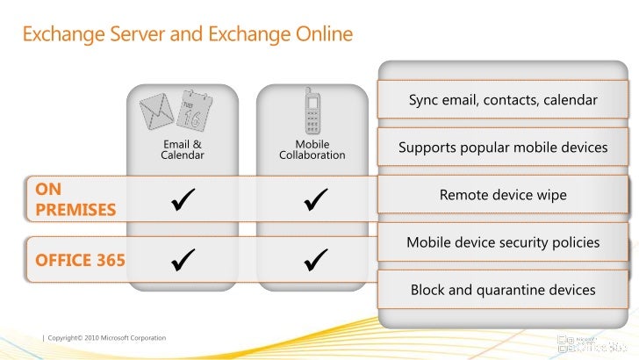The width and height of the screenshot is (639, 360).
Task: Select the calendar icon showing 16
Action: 194,110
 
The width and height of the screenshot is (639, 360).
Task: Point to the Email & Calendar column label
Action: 183,149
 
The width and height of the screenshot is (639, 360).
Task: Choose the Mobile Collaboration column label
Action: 312,149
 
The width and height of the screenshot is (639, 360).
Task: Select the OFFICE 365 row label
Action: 80,260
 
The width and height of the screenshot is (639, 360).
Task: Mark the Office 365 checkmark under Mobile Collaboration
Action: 312,260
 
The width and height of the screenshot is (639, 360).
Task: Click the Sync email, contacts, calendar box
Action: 503,100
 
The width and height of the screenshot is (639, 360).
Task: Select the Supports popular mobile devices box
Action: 503,148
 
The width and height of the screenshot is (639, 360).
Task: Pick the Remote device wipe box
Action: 503,195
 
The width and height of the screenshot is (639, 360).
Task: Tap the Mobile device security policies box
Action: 503,242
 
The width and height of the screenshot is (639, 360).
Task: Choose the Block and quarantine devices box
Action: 503,290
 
